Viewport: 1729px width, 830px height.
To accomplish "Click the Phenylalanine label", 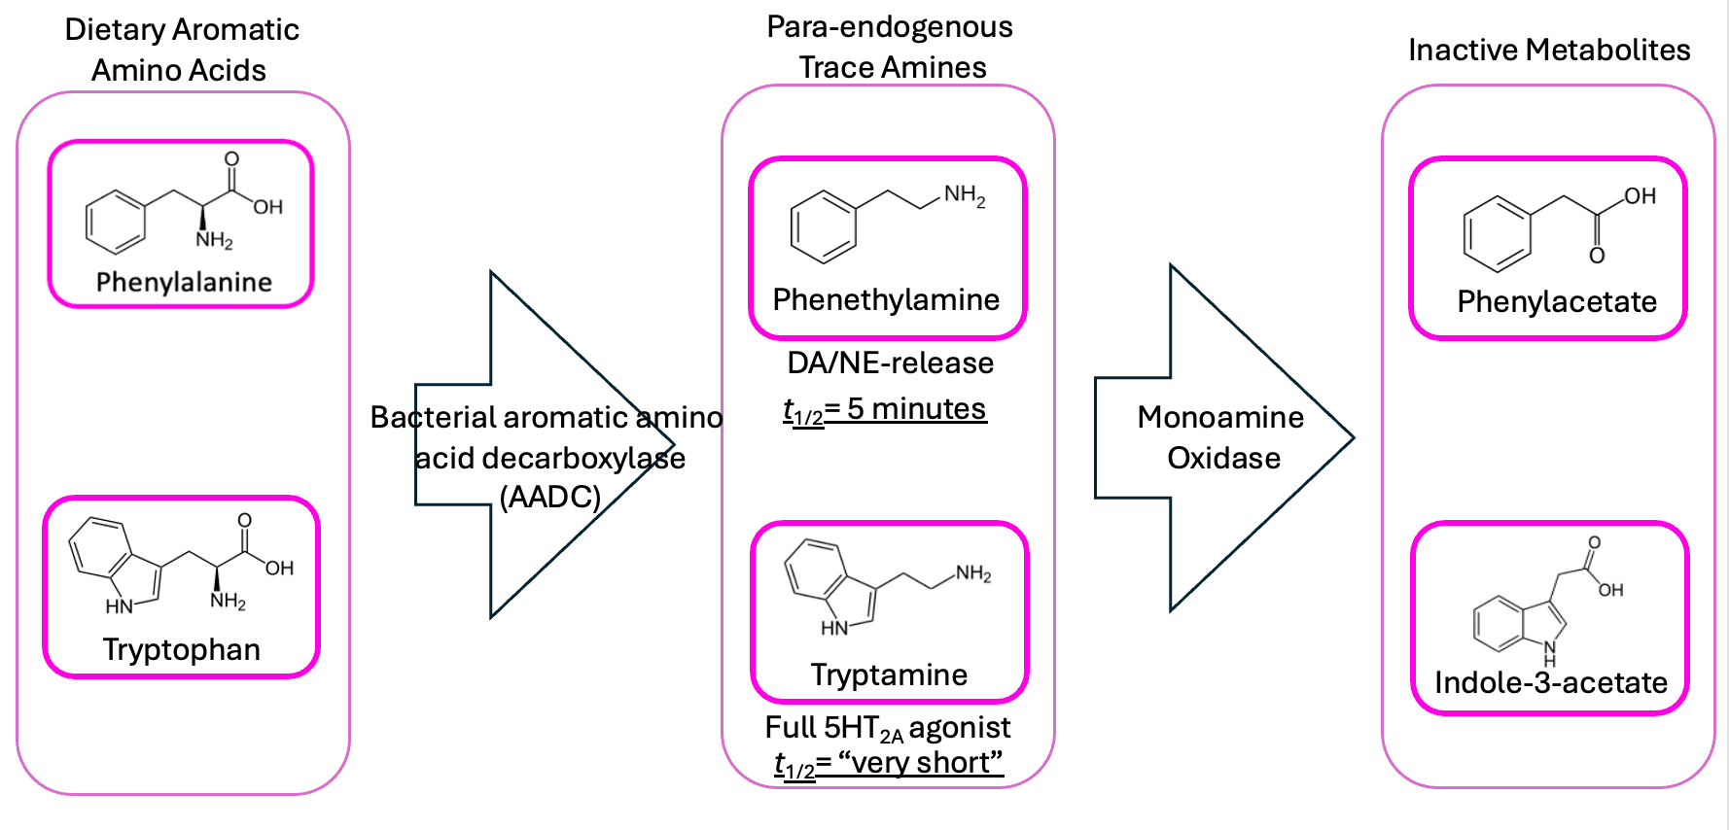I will point(184,282).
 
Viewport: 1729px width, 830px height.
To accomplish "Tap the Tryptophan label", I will point(182,649).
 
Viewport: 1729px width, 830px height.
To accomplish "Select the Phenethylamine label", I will point(886,299).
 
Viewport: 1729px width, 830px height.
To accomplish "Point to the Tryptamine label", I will point(889,674).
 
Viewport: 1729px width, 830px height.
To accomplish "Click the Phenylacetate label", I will point(1557,301).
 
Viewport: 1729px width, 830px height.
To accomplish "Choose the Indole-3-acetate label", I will point(1551,682).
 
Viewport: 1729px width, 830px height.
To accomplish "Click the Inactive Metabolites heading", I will point(1549,50).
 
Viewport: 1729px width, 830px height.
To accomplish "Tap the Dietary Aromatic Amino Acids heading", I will point(181,50).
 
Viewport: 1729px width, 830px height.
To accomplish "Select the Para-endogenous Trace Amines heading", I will point(890,47).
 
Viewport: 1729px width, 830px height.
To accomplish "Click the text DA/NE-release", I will point(890,363).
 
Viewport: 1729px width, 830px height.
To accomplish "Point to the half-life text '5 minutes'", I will point(916,409).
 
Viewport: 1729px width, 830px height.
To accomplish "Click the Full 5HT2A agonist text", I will point(888,728).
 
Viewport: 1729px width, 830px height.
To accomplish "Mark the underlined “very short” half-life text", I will point(920,763).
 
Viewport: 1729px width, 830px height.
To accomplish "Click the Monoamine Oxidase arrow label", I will point(1221,437).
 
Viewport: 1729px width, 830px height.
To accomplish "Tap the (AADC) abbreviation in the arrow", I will point(549,497).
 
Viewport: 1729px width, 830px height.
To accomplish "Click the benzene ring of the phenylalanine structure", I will point(116,222).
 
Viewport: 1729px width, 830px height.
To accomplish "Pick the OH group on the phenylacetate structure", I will point(1640,196).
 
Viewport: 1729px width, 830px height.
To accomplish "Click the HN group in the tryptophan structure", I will point(119,606).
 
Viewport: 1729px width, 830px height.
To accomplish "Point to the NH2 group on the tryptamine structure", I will point(973,573).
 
